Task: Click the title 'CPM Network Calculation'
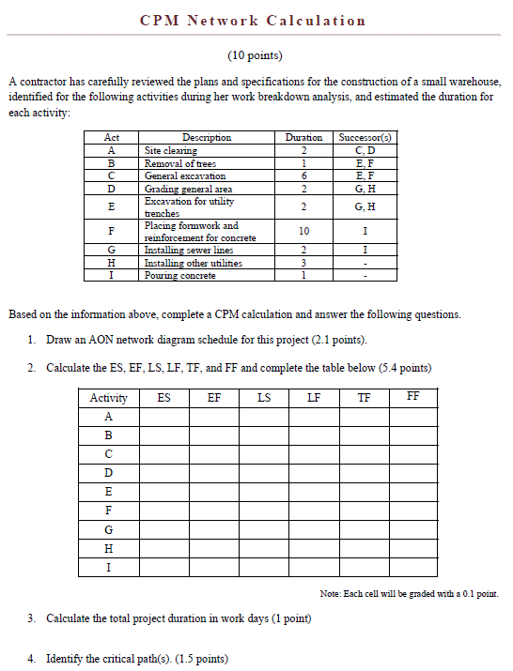point(253,21)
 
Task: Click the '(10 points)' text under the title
point(255,55)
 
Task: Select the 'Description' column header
point(208,137)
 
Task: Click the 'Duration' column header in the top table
point(303,137)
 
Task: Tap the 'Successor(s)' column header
point(365,137)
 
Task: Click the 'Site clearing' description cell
point(170,150)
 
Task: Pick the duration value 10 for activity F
point(303,231)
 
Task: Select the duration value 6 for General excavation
point(303,175)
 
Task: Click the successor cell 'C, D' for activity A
point(365,150)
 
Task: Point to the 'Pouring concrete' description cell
point(179,275)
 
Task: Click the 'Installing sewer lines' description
point(189,251)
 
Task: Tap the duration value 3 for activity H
point(303,263)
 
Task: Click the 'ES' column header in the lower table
point(164,397)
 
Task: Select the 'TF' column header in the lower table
point(364,397)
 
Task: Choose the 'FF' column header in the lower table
point(413,396)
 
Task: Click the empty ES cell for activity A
point(164,417)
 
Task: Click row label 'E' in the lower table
point(109,492)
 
